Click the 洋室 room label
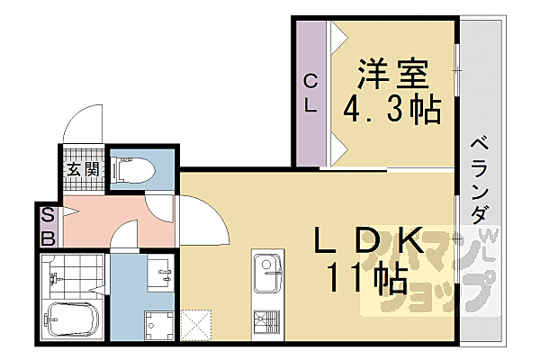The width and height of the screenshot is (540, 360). tap(393, 71)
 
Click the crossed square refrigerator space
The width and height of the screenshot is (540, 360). tap(196, 322)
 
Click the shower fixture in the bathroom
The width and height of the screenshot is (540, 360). tap(54, 274)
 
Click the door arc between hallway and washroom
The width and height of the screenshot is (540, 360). tap(124, 238)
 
